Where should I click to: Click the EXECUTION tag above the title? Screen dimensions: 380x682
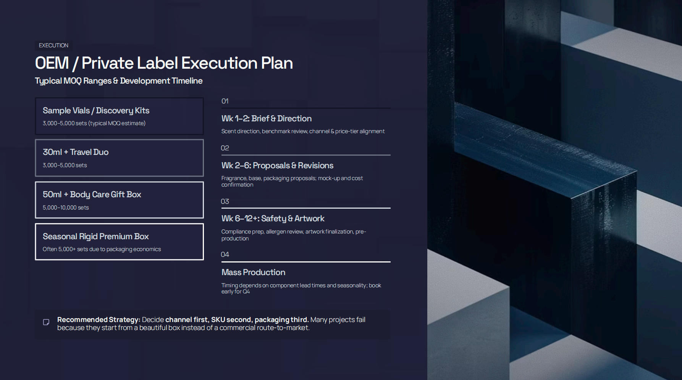53,45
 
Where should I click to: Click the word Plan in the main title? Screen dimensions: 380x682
276,63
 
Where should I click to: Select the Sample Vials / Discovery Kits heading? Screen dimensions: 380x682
96,111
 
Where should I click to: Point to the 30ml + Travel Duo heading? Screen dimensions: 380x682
76,152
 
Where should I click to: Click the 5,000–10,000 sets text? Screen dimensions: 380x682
66,208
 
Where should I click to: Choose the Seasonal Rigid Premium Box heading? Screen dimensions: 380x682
95,237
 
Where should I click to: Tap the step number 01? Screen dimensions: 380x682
225,101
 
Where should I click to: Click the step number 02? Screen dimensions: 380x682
225,148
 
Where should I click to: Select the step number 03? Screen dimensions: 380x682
225,201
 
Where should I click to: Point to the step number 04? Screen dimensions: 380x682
225,254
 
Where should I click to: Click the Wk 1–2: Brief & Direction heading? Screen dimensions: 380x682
266,119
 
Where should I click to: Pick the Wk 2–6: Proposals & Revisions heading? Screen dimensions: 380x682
277,166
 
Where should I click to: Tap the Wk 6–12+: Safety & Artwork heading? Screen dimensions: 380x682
273,219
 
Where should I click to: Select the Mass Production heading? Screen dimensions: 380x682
253,272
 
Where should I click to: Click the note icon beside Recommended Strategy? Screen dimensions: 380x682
46,322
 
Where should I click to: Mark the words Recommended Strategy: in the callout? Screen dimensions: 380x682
99,320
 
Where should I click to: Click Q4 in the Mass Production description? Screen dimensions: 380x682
246,292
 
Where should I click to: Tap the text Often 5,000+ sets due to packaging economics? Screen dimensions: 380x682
102,249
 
